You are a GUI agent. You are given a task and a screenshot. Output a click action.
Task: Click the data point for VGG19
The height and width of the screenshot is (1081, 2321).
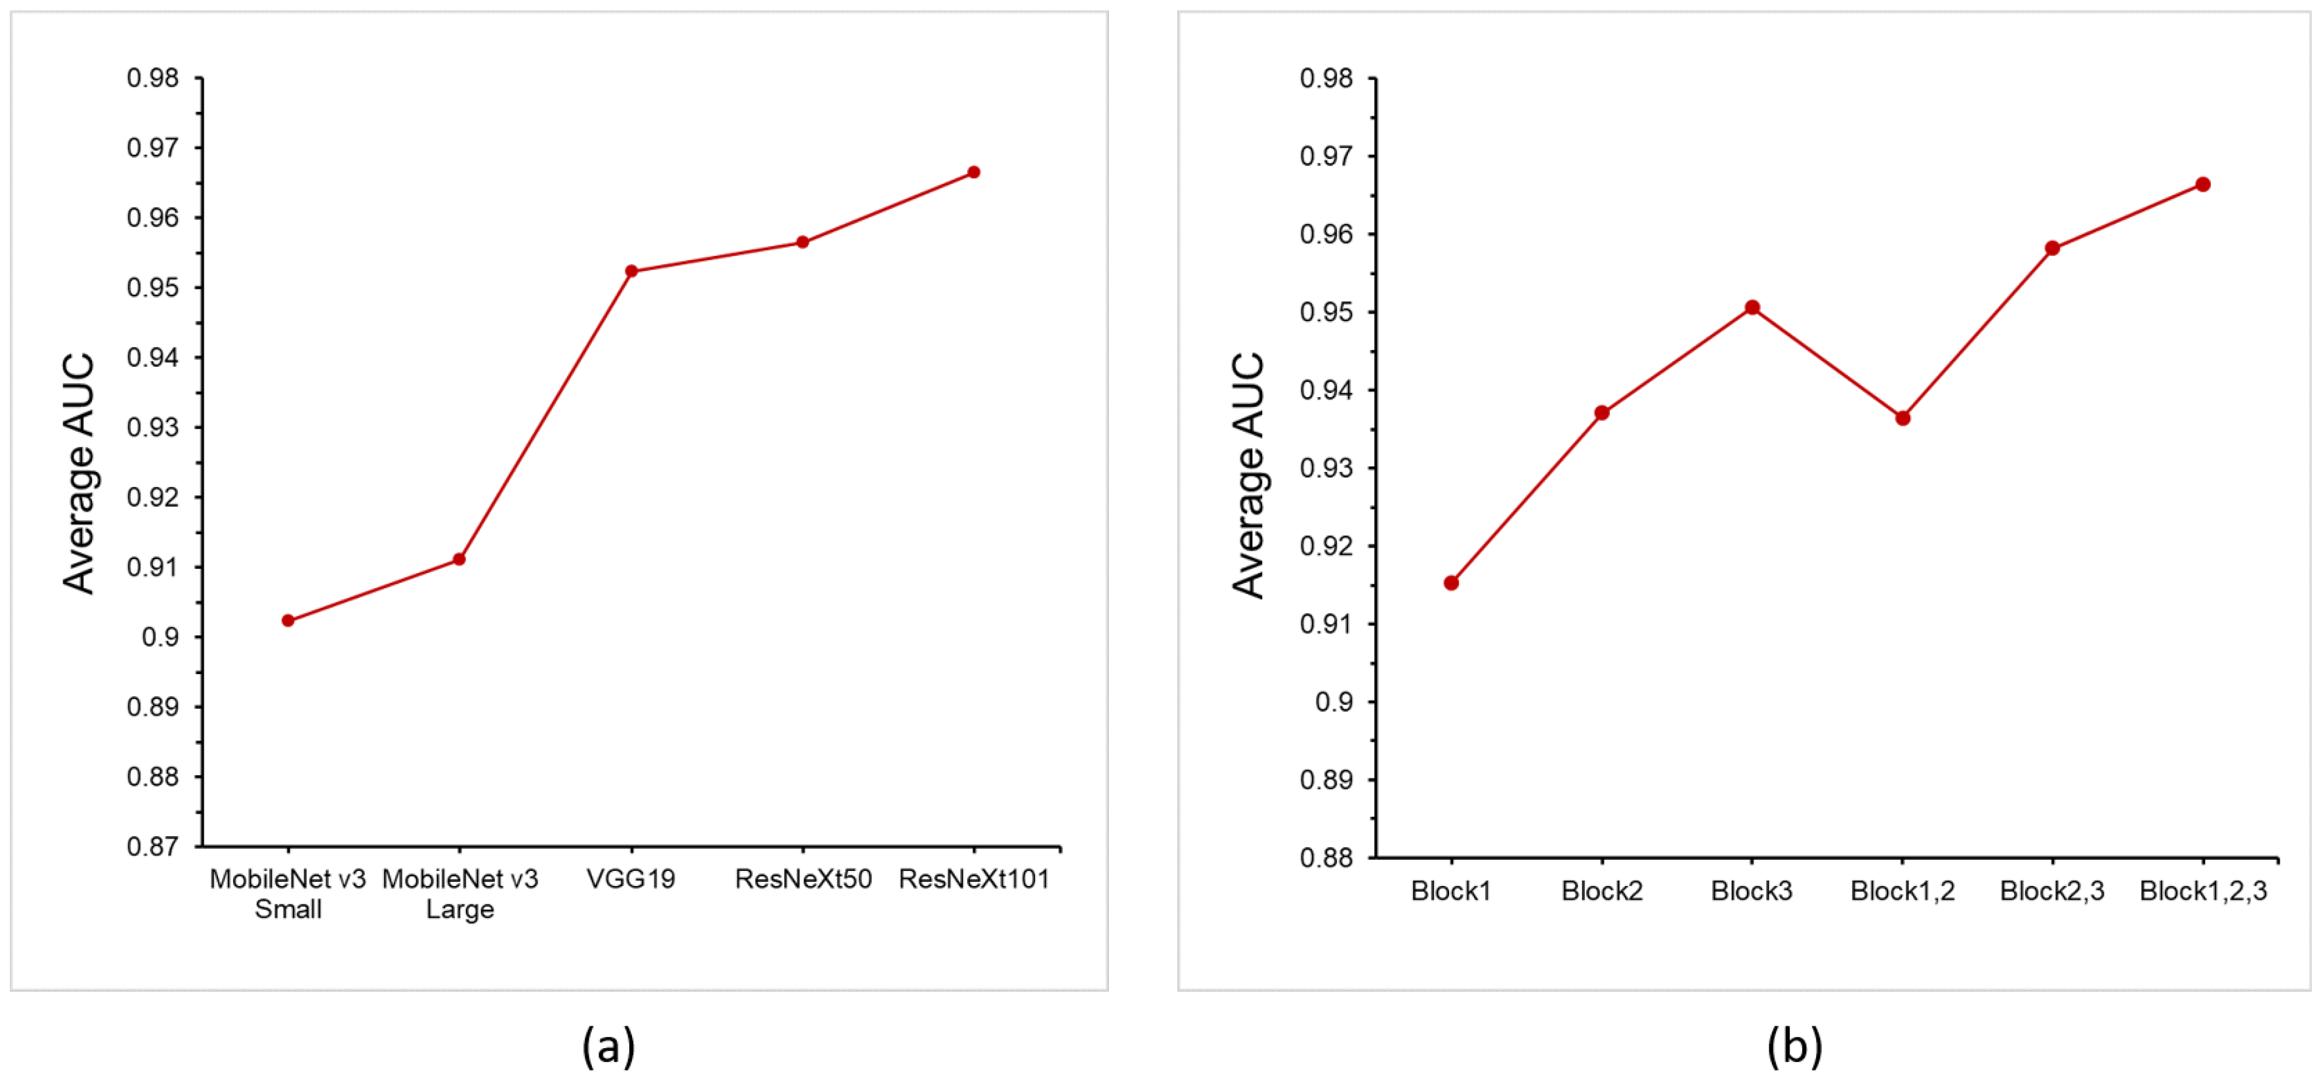[631, 270]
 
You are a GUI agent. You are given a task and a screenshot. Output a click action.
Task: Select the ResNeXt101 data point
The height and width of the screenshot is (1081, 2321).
[973, 172]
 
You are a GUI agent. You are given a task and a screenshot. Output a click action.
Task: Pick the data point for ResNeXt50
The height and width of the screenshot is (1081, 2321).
[802, 242]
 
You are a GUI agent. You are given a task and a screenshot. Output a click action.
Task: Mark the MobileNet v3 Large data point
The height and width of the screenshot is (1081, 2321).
[458, 559]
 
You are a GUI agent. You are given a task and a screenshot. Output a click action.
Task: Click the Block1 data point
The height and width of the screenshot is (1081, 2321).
[1450, 582]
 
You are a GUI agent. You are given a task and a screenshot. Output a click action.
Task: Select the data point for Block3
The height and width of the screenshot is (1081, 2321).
[1752, 308]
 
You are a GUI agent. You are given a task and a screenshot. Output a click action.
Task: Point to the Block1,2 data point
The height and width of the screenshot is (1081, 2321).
[1902, 417]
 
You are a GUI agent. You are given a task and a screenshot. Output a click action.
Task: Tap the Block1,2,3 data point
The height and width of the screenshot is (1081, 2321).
[2202, 184]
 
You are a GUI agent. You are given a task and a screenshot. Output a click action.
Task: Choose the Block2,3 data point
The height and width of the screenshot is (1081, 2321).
[2052, 248]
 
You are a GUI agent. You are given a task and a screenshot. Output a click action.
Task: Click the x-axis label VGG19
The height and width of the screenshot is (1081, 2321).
[631, 879]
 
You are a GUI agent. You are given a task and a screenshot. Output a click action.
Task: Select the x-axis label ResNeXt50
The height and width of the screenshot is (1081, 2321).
[803, 879]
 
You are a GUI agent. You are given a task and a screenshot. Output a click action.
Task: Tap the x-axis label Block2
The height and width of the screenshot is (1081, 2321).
[1601, 891]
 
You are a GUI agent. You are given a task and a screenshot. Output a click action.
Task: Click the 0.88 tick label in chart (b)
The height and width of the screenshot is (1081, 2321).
[1326, 857]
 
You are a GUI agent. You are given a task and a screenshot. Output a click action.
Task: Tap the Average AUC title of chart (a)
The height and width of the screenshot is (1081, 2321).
[79, 473]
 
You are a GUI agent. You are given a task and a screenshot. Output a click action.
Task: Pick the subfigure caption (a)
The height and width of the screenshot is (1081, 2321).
[608, 1046]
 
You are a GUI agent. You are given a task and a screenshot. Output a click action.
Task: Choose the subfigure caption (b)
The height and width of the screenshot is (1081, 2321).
[1794, 1046]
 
